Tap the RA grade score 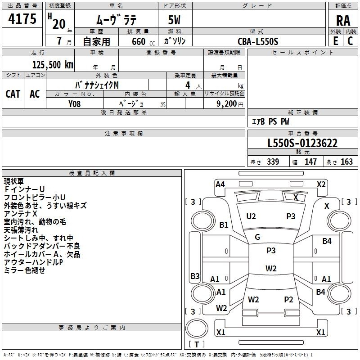[343, 21]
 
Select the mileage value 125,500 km [53, 64]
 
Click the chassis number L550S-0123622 [302, 144]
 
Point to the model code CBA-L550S [258, 41]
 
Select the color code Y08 [75, 103]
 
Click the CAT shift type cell [13, 94]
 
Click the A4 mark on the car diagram [220, 184]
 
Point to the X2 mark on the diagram [321, 184]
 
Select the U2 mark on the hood [251, 216]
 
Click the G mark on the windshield [257, 237]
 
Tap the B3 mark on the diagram [195, 276]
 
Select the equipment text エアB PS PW [270, 122]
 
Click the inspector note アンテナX [21, 214]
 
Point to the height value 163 [347, 162]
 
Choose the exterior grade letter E [335, 41]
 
